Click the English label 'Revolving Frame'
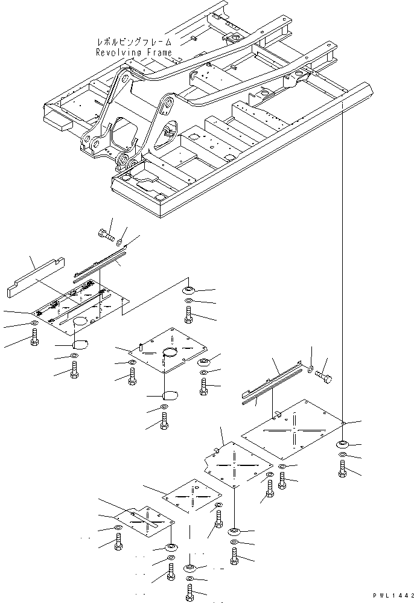134,53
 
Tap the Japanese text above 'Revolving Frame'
134,43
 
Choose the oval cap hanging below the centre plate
170,396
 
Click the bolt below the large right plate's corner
343,468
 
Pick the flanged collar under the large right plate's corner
342,445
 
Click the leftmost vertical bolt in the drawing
34,339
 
